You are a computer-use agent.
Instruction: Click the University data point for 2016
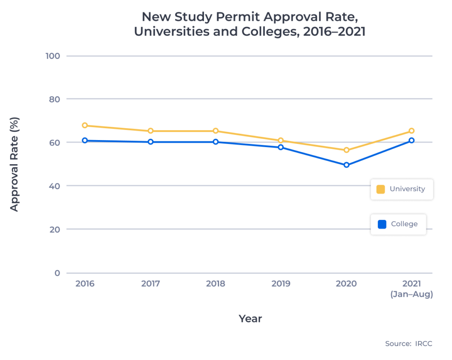tap(85, 125)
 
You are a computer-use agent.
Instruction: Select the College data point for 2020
tap(347, 165)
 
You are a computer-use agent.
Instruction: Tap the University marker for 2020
tap(347, 150)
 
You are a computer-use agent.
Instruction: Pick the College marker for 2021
tap(411, 140)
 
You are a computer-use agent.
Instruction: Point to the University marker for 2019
tap(281, 140)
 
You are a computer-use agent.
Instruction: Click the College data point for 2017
tap(151, 142)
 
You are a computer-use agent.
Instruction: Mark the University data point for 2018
tap(215, 131)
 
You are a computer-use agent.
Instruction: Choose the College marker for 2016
tap(85, 140)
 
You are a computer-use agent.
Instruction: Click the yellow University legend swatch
tap(380, 189)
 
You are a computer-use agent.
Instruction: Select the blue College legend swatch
tap(382, 224)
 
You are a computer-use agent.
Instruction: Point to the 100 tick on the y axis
tap(53, 56)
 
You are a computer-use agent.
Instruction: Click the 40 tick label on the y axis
tap(55, 186)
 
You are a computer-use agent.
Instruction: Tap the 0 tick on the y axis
tap(57, 273)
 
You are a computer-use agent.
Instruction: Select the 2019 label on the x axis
tap(281, 284)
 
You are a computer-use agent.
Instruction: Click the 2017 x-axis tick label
tap(151, 284)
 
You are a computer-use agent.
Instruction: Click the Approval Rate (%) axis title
tap(14, 164)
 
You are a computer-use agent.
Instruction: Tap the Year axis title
tap(250, 318)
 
